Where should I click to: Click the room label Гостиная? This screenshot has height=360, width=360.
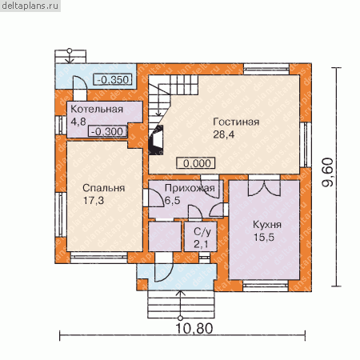[x=236, y=122]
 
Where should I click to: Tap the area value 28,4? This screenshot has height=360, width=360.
[x=224, y=134]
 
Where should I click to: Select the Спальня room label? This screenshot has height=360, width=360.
[x=104, y=188]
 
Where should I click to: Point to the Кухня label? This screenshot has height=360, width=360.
[x=267, y=225]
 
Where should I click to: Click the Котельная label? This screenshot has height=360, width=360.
[x=97, y=109]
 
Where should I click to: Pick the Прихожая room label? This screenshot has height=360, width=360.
[x=190, y=188]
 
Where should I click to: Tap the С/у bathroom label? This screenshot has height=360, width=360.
[x=202, y=232]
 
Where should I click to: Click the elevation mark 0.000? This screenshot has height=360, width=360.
[x=196, y=163]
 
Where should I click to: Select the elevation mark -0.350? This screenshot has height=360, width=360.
[x=113, y=79]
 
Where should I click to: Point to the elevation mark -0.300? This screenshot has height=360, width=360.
[x=108, y=131]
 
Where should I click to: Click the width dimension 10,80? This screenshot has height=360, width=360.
[x=194, y=329]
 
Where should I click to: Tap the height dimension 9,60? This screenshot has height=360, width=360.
[x=328, y=172]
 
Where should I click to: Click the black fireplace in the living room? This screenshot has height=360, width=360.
[x=156, y=139]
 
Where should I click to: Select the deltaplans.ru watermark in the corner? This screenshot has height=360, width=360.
[x=30, y=6]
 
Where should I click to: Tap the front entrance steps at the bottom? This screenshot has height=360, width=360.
[x=181, y=305]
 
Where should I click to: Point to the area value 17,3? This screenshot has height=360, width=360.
[x=94, y=201]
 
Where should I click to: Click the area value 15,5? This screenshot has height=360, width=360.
[x=264, y=237]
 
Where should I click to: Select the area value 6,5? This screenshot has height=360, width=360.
[x=173, y=201]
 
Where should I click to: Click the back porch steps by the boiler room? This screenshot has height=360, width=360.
[x=70, y=57]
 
